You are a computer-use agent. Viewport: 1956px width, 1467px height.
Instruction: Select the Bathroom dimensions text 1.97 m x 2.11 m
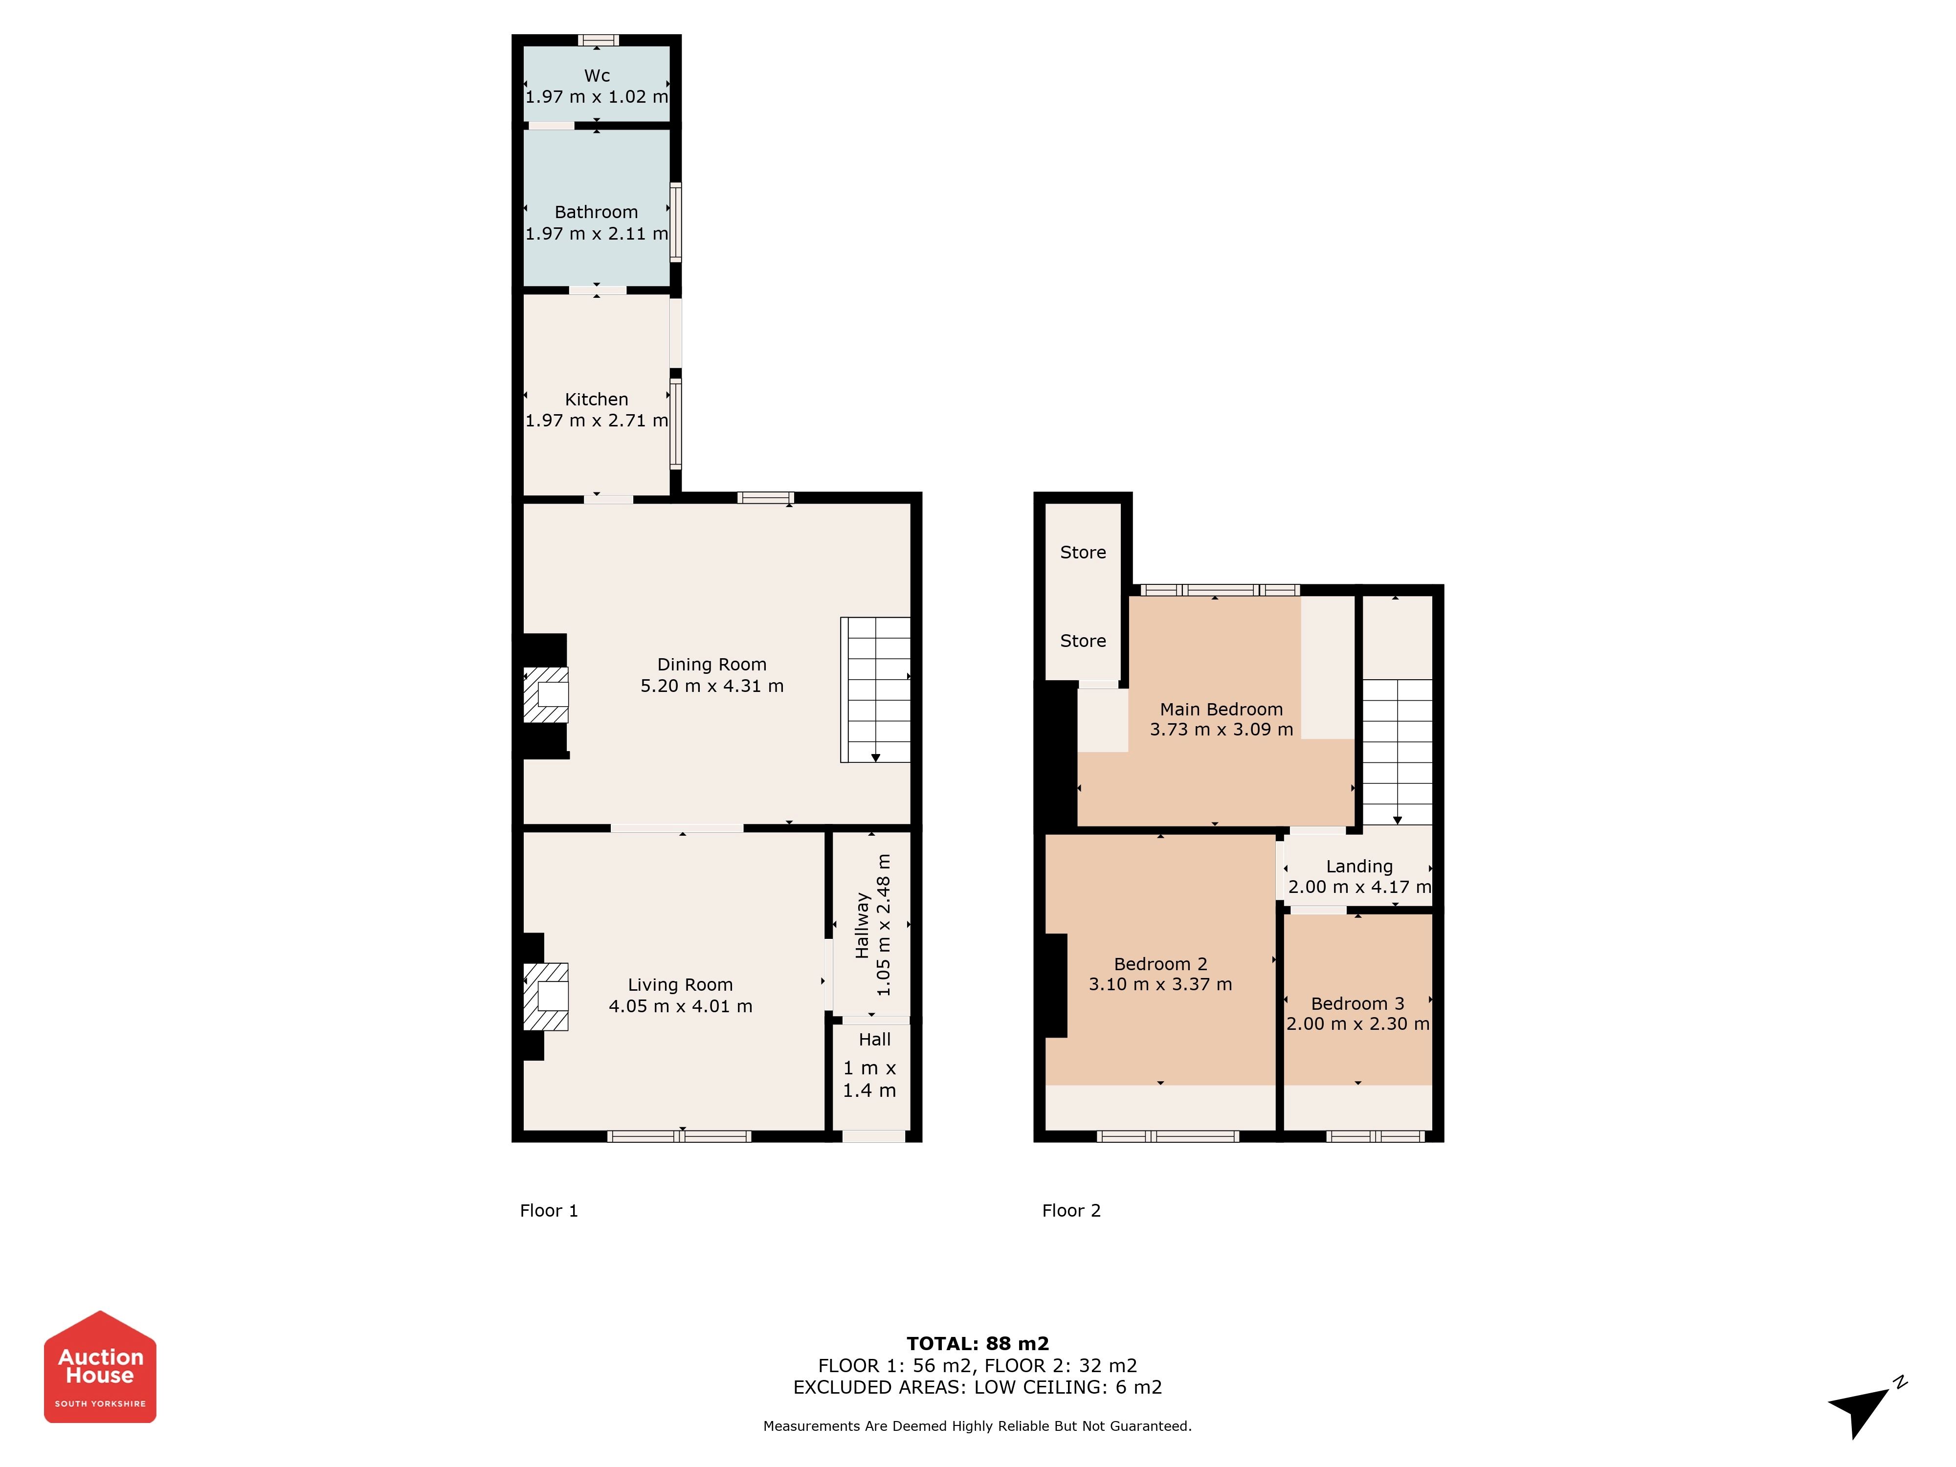[597, 233]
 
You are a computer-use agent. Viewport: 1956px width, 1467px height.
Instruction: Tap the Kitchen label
[597, 399]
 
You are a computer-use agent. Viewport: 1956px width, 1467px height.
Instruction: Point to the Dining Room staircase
[875, 689]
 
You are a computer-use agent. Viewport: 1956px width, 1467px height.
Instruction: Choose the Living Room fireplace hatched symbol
[546, 997]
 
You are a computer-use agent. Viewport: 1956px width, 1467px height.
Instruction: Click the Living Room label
[680, 984]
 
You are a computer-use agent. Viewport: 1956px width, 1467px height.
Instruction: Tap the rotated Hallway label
[862, 925]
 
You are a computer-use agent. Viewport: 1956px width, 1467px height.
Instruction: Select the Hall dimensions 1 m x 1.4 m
[869, 1079]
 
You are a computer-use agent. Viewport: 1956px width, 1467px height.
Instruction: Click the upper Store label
[1083, 552]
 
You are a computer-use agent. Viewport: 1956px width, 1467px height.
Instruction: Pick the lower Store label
[1083, 640]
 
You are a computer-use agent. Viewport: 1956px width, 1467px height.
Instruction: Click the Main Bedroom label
[1221, 709]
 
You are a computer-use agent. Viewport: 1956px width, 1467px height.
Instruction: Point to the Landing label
[1359, 867]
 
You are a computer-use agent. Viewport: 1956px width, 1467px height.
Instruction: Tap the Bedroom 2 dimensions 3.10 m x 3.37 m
[1160, 984]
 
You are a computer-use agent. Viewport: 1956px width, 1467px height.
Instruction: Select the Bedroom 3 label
[1357, 1003]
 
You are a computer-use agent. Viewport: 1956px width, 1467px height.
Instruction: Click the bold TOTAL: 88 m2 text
[978, 1344]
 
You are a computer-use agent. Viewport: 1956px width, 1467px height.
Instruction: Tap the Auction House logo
[100, 1367]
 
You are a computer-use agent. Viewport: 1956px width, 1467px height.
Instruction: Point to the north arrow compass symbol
[1866, 1408]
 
